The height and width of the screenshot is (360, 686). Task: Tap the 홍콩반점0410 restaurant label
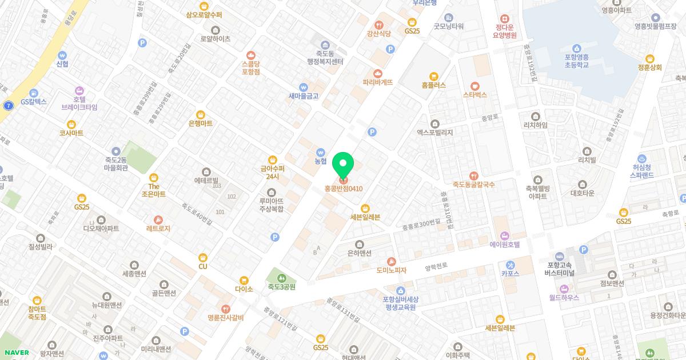point(344,189)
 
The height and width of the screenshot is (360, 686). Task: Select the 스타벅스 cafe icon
point(474,86)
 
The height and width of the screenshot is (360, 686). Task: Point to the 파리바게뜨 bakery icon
point(377,73)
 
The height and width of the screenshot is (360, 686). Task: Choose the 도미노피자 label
point(391,270)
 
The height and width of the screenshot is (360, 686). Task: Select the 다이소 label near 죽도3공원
point(244,289)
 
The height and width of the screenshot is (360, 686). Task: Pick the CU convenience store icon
point(202,258)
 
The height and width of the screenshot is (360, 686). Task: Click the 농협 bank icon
point(320,153)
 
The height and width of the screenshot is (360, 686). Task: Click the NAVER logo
point(17,353)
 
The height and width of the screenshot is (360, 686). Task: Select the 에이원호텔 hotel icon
point(504,235)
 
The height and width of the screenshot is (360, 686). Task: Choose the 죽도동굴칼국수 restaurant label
point(473,185)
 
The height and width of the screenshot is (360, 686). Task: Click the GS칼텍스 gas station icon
point(34,93)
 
